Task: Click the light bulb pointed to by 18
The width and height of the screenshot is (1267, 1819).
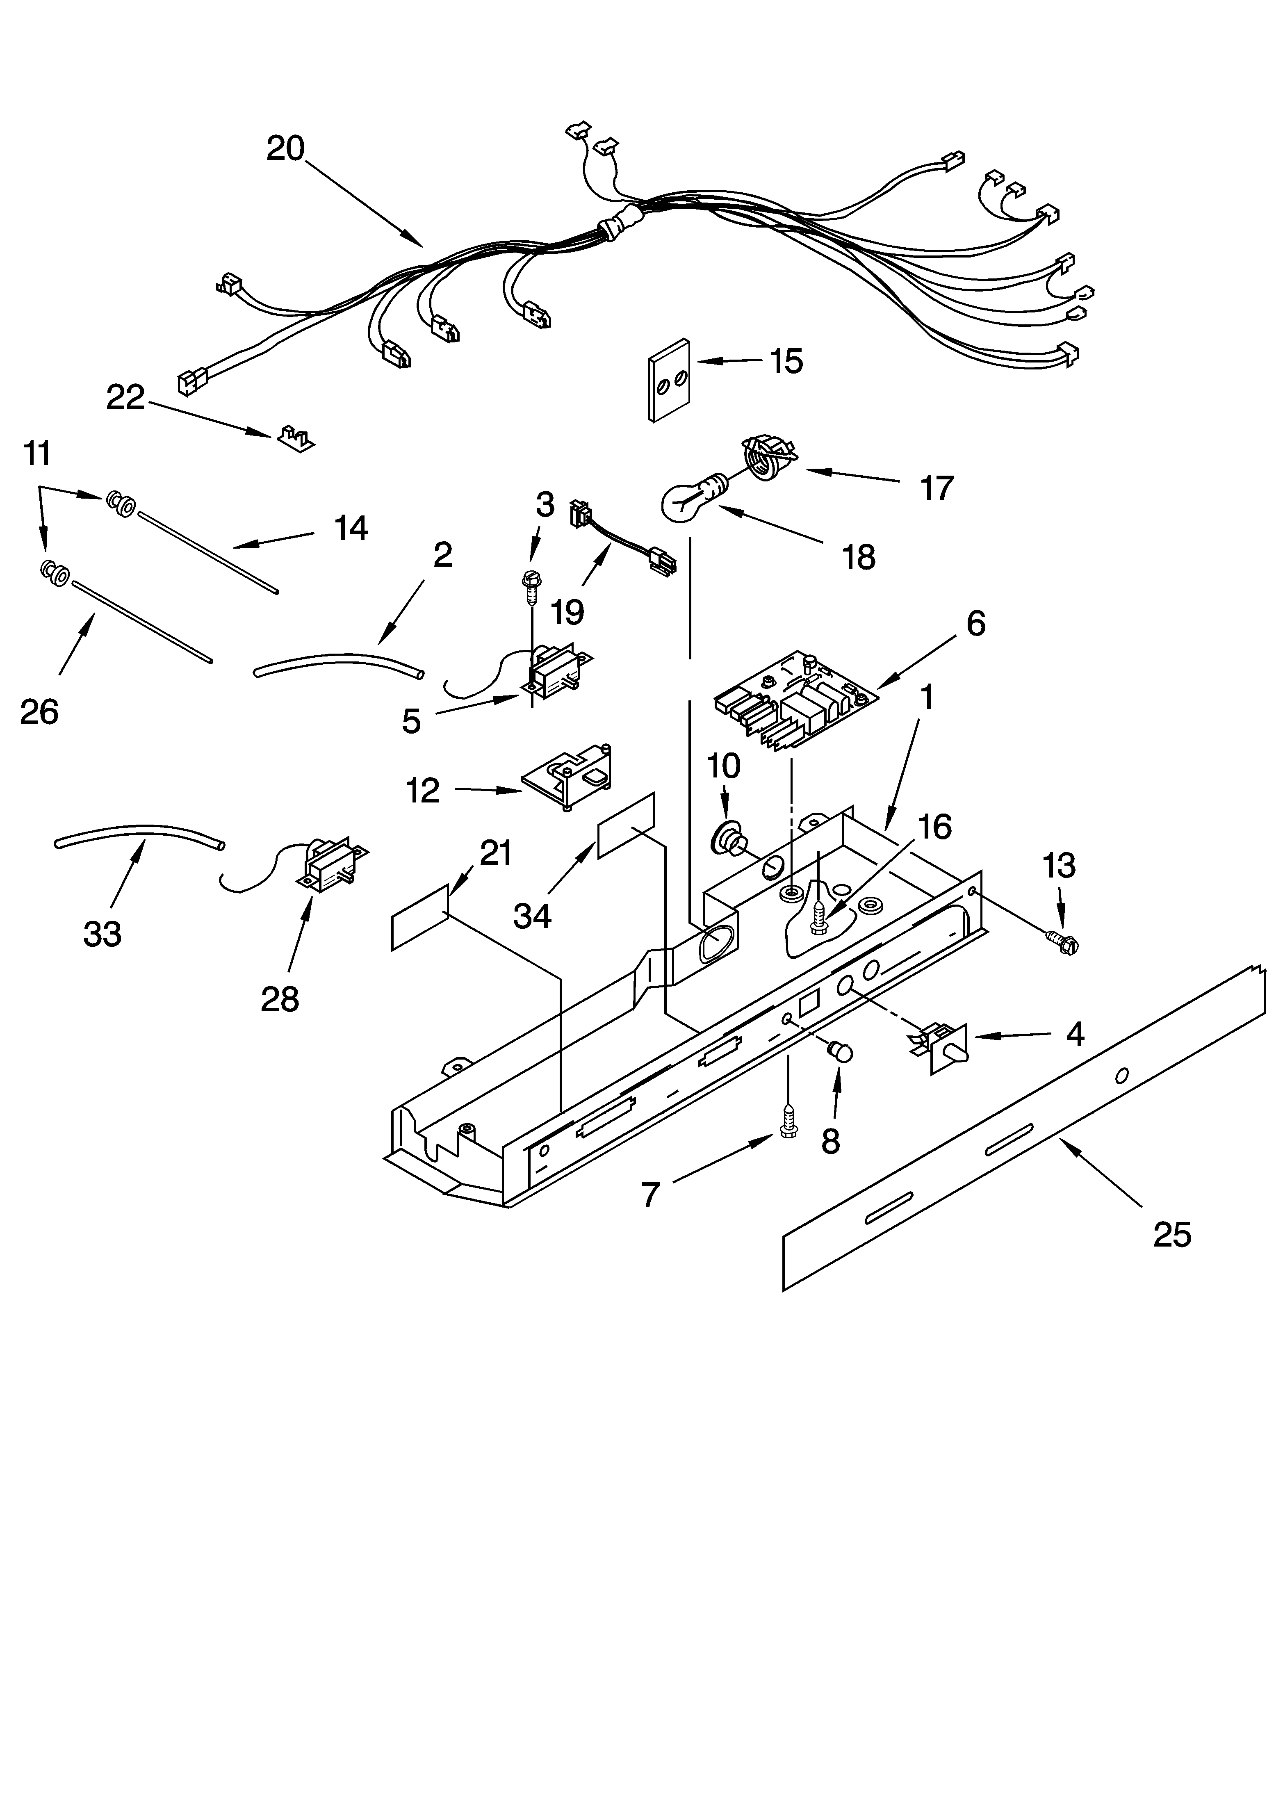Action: pyautogui.click(x=686, y=499)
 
